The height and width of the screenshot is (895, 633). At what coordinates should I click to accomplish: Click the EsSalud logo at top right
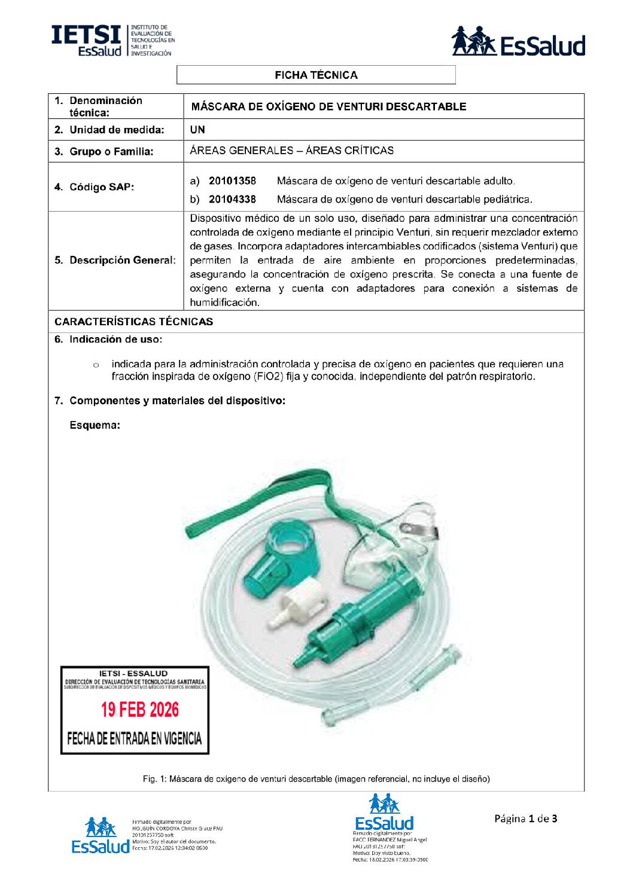[518, 42]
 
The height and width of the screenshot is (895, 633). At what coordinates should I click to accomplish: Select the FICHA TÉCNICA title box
[316, 75]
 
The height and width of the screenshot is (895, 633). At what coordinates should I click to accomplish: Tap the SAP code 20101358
[232, 181]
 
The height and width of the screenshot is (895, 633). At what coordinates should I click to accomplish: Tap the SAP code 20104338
[232, 199]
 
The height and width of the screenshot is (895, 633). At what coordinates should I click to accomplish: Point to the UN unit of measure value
[197, 130]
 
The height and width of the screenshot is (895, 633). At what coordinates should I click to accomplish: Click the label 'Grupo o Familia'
[111, 152]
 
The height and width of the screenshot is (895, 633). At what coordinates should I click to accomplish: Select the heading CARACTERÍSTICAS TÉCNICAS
[133, 322]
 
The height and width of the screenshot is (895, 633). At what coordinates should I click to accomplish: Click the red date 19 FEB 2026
[140, 710]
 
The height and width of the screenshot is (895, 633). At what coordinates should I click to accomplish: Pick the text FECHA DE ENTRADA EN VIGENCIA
[135, 739]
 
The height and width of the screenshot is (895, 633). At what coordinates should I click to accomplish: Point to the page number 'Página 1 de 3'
[525, 818]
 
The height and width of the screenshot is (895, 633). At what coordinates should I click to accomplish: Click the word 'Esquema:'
[95, 426]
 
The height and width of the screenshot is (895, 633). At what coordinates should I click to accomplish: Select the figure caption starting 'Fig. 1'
[316, 779]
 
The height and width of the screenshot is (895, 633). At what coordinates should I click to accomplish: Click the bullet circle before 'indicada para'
[96, 365]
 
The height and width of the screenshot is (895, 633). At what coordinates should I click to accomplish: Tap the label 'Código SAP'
[102, 187]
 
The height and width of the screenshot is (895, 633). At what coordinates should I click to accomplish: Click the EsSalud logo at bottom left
[101, 836]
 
